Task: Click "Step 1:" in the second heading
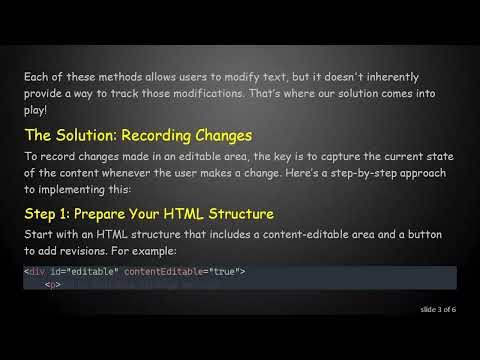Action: (51, 214)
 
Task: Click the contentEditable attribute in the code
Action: (196, 272)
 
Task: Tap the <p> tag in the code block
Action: (53, 285)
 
